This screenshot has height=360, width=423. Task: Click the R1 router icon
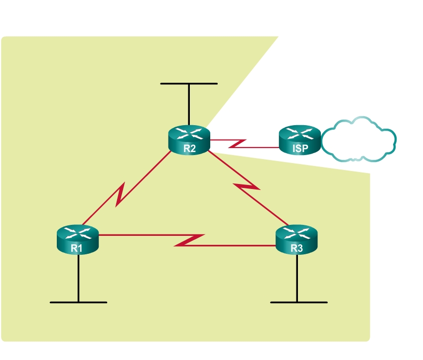point(78,240)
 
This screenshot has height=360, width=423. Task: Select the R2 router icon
point(189,140)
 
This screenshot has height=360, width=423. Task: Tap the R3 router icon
point(296,240)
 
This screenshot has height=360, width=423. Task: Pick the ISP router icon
point(299,140)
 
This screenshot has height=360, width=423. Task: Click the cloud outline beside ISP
point(359,140)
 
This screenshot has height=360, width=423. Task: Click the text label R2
point(189,148)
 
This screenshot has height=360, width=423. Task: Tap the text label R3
point(296,247)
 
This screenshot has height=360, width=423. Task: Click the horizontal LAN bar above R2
point(189,83)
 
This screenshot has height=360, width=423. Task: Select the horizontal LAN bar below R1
point(78,302)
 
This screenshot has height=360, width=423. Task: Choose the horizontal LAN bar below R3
point(298,302)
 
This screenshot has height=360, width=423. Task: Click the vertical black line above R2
point(189,105)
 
